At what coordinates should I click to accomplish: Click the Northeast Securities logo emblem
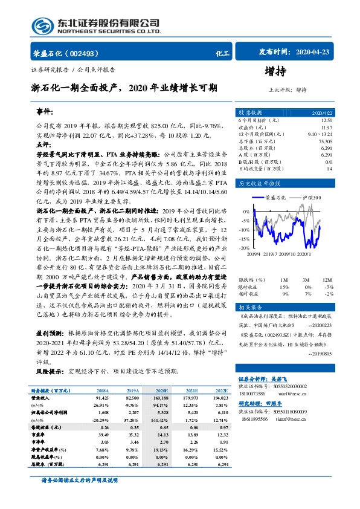click(x=43, y=25)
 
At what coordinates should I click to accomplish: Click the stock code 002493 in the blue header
click(x=88, y=53)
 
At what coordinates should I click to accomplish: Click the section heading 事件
click(x=44, y=112)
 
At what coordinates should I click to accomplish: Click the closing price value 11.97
click(x=326, y=127)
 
